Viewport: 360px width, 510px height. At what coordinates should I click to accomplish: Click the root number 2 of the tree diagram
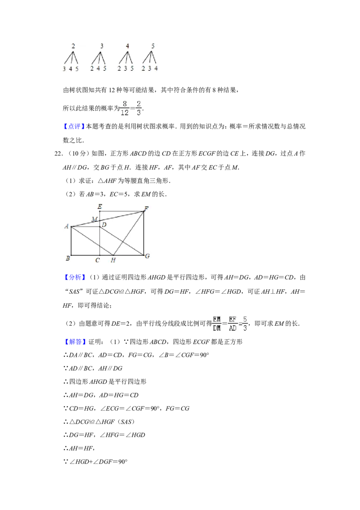click(73, 46)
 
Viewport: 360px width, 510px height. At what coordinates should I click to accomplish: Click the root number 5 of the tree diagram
click(153, 46)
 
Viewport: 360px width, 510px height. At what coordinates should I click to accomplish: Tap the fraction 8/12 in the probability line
click(125, 108)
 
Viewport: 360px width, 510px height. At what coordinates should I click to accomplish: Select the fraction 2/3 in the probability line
click(139, 108)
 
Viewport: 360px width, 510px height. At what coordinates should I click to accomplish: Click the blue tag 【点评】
click(74, 127)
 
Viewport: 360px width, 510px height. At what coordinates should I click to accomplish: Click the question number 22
click(58, 154)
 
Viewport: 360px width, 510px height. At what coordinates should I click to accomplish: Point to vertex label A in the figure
click(67, 226)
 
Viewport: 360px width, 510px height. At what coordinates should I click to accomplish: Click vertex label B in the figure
click(68, 259)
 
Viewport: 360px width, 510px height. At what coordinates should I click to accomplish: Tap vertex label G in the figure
click(147, 256)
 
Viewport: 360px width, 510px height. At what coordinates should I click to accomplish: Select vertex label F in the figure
click(146, 209)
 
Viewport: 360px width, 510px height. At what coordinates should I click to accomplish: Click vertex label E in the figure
click(100, 206)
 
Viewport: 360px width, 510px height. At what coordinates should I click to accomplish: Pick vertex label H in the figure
click(113, 260)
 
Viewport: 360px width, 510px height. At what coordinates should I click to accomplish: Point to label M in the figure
click(94, 219)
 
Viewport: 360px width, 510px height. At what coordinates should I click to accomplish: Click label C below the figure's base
click(98, 260)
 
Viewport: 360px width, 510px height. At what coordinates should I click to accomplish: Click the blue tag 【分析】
click(74, 278)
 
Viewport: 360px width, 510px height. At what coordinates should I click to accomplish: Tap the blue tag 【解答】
click(74, 342)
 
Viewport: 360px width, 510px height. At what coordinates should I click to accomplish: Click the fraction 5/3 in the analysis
click(245, 323)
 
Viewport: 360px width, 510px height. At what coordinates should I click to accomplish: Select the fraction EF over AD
click(233, 323)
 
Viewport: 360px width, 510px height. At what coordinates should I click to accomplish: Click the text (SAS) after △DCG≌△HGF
click(126, 422)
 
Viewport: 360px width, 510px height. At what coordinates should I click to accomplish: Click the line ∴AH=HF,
click(79, 448)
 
